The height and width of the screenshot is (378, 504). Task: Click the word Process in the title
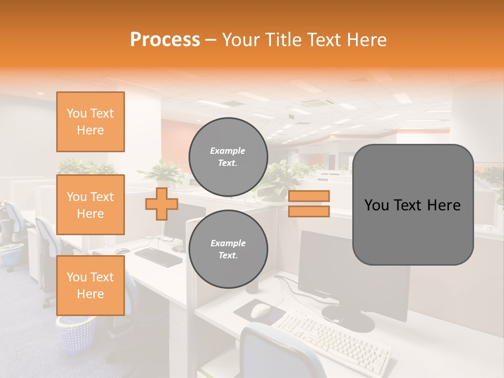point(165,40)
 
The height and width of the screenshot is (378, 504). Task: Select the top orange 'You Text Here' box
point(90,122)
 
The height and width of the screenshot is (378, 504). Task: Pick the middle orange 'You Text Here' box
point(90,205)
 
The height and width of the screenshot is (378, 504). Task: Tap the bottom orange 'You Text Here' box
point(90,286)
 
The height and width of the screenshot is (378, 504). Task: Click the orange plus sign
point(162,204)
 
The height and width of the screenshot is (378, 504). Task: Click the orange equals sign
point(309,204)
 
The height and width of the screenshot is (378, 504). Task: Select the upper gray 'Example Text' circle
point(228,157)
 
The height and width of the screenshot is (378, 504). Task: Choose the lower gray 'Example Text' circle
point(228,249)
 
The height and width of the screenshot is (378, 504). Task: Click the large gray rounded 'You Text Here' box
point(413,205)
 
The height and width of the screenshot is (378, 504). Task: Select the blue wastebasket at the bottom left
point(77,334)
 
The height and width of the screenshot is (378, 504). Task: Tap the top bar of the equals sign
point(309,196)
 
